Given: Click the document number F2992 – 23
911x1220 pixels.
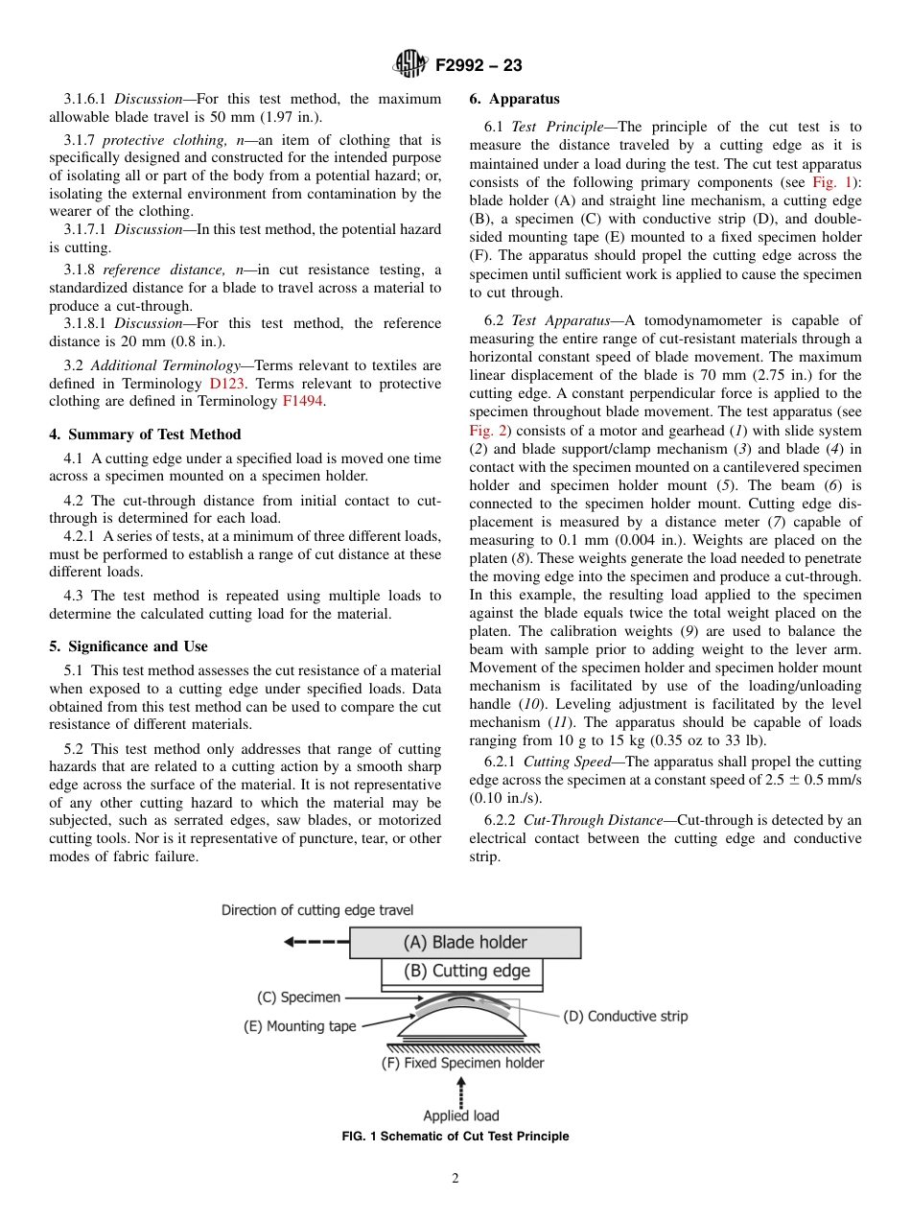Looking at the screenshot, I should [479, 65].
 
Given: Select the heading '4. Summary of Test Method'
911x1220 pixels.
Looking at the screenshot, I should [145, 434].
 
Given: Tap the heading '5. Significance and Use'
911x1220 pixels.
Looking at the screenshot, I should [128, 646].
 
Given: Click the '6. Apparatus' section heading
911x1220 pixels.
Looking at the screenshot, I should [515, 99].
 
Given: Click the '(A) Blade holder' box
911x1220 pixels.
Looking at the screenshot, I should [465, 942].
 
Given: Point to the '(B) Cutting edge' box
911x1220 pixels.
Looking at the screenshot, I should [462, 972].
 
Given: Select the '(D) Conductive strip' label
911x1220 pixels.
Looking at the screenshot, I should [624, 1016].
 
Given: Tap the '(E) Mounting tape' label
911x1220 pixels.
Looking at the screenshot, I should [299, 1026].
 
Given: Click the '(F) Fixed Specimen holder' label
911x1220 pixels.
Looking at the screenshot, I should [462, 1063].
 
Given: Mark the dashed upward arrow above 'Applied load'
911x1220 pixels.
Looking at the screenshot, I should [461, 1091].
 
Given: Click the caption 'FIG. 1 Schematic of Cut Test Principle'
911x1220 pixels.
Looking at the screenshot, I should [455, 1137].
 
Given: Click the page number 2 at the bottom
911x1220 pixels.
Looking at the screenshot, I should [455, 1179].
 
